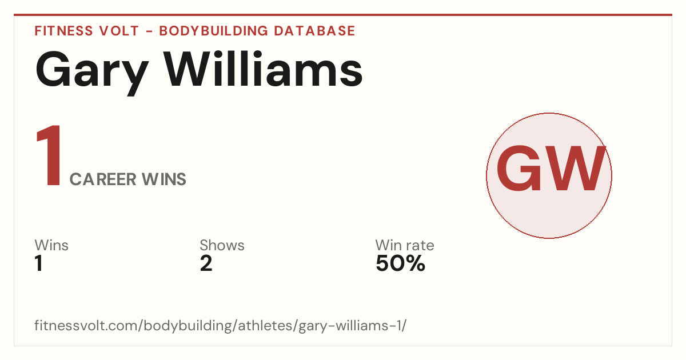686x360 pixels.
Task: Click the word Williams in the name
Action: tap(263, 69)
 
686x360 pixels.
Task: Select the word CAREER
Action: tap(103, 179)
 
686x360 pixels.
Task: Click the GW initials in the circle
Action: tap(551, 169)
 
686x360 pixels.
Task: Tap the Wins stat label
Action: tap(51, 245)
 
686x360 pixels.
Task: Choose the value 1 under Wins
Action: tap(39, 263)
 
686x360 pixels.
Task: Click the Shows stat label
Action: tap(222, 245)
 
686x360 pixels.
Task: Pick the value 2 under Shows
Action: tap(206, 263)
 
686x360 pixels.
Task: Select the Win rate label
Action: tap(405, 245)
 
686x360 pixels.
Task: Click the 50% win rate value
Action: tap(401, 263)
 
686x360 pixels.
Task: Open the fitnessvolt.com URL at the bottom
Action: tap(221, 326)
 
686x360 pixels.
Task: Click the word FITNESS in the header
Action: tap(63, 31)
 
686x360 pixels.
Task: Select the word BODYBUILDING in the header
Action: tap(213, 31)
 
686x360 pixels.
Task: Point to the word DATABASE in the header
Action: tap(314, 31)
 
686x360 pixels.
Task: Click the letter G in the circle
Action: tap(516, 169)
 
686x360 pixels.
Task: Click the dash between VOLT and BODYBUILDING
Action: tap(149, 31)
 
